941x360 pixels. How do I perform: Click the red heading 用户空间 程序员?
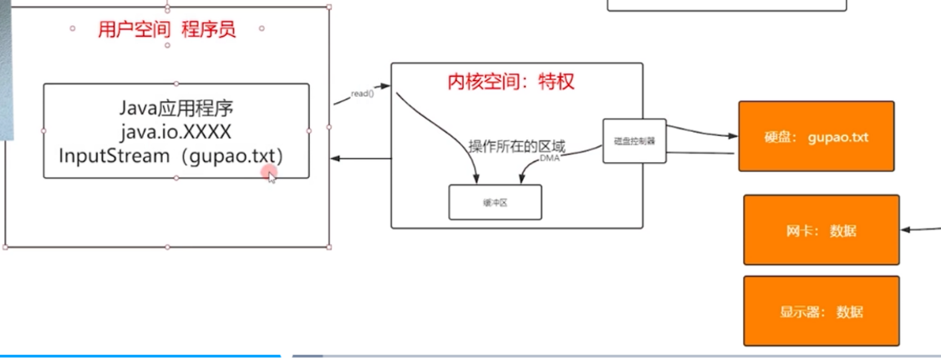point(167,30)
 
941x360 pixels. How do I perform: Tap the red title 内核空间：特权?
point(511,82)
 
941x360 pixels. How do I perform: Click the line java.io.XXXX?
point(175,131)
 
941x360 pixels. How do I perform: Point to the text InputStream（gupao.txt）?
point(175,155)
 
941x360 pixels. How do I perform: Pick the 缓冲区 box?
point(495,202)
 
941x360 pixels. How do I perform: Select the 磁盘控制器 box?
point(634,140)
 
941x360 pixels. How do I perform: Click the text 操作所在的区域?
point(516,146)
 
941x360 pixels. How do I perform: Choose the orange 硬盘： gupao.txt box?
point(816,136)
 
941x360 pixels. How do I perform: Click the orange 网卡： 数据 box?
point(821,231)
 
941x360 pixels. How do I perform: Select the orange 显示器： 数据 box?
point(821,312)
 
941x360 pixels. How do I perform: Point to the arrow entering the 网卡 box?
point(920,228)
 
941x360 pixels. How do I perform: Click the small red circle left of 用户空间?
point(74,28)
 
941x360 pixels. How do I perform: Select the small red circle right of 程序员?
point(262,28)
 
